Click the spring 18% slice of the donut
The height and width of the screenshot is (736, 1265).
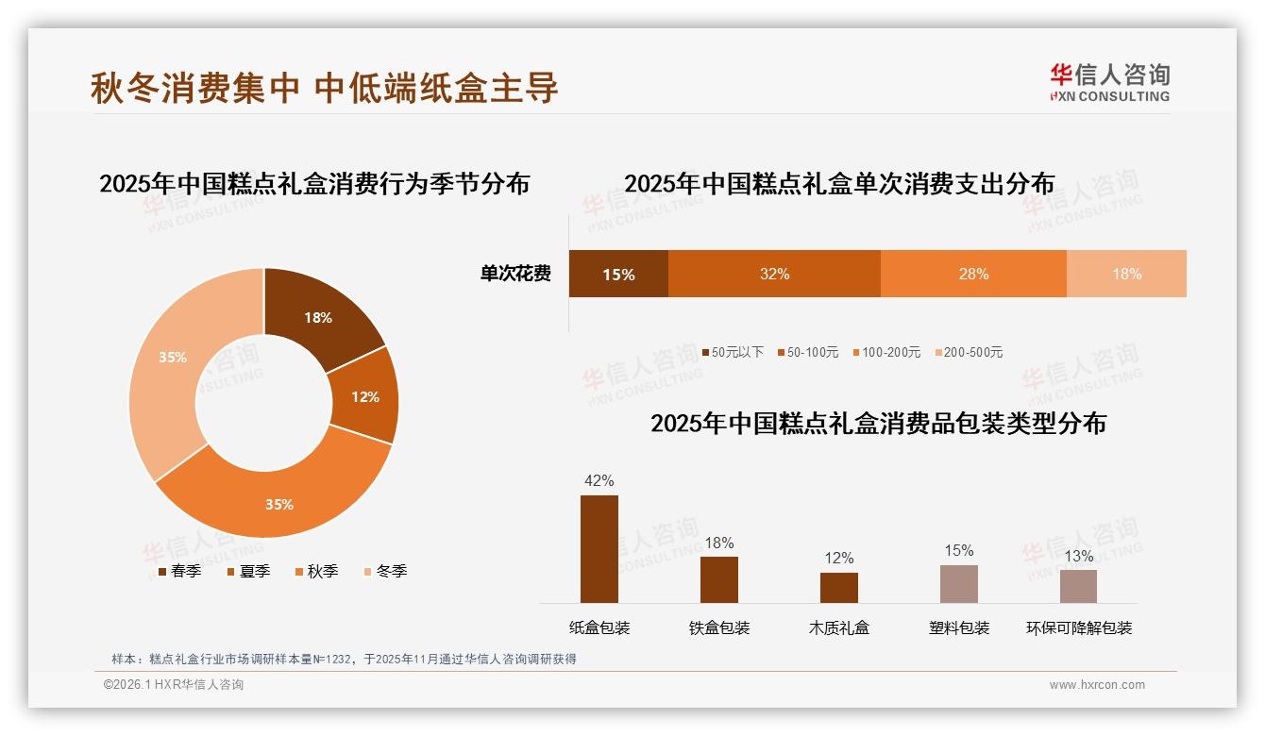point(317,317)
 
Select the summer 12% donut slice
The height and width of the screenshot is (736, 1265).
point(365,396)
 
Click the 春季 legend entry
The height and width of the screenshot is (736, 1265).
point(179,571)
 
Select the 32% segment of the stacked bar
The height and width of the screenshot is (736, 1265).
point(774,274)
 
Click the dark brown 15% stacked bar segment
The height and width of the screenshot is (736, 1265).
point(618,274)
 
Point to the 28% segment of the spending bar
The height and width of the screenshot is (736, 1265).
point(973,274)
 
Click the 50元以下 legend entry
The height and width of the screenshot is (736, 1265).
point(733,352)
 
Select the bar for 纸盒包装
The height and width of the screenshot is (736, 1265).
point(599,549)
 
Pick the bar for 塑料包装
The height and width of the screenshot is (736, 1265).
point(958,584)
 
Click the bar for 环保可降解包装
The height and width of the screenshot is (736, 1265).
point(1078,586)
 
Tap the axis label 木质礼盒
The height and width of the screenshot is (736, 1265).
point(838,627)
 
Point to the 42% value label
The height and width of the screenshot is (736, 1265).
point(599,480)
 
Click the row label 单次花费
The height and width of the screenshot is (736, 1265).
point(515,274)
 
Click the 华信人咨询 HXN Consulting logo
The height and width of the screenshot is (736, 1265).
point(1109,83)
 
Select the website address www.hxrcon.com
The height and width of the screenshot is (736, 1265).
point(1097,685)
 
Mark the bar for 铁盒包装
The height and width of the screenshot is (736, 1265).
point(718,579)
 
